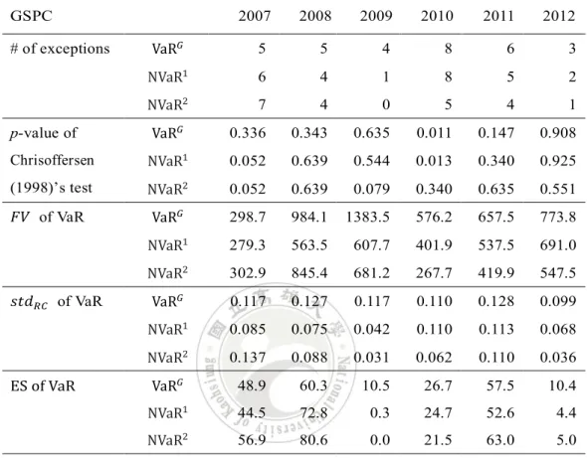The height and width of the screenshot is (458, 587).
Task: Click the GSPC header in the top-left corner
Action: click(31, 16)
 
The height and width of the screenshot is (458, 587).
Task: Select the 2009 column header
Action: click(376, 16)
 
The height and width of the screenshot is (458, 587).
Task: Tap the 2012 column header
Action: click(559, 16)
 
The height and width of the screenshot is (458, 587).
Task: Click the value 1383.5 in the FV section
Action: click(368, 218)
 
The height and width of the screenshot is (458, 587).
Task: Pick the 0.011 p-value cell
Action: click(434, 133)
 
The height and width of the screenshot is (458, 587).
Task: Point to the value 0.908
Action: click(558, 133)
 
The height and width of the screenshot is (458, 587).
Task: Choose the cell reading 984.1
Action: click(309, 218)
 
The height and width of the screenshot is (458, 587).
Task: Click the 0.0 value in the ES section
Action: click(380, 440)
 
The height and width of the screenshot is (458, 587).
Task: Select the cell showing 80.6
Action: click(313, 440)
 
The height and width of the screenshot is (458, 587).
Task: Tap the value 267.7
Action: click(434, 273)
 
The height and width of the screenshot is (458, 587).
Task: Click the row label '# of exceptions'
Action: click(60, 49)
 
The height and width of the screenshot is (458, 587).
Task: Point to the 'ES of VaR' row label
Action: click(43, 385)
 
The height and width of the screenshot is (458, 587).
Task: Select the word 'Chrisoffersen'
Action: click(52, 160)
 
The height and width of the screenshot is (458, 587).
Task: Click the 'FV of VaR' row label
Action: click(47, 217)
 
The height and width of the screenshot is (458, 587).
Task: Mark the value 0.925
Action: click(558, 161)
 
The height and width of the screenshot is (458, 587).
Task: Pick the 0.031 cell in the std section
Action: click(371, 358)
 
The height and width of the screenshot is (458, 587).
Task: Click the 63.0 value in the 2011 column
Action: click(500, 440)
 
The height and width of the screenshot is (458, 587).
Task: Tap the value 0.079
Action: click(371, 189)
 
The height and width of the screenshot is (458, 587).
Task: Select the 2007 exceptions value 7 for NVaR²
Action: click(262, 104)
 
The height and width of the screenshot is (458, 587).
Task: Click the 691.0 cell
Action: click(558, 245)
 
